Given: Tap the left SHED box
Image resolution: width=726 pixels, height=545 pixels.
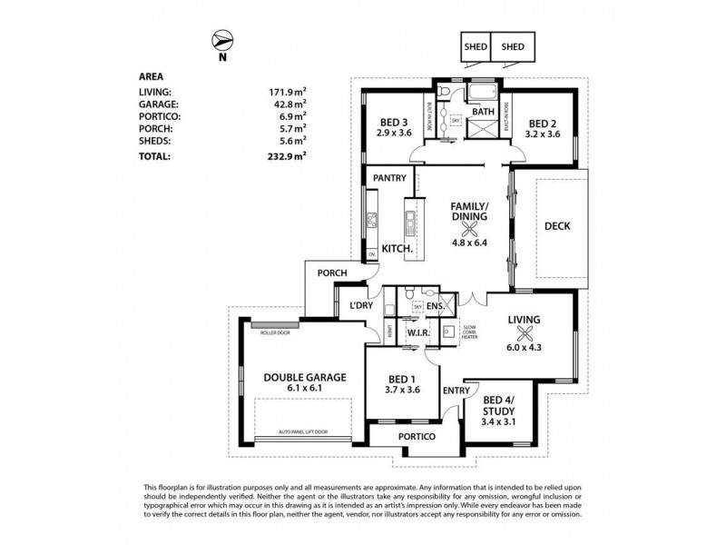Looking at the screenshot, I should pyautogui.click(x=475, y=46).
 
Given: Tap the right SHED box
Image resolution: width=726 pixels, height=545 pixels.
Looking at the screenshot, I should pyautogui.click(x=513, y=46).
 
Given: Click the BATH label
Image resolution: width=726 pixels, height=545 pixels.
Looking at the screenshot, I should pyautogui.click(x=483, y=113).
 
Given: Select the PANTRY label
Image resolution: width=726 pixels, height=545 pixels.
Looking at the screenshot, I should pyautogui.click(x=388, y=178).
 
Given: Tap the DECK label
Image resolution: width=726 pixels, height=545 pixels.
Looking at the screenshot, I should pyautogui.click(x=557, y=227).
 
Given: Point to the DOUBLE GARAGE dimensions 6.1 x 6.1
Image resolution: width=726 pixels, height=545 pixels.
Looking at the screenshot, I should pyautogui.click(x=293, y=388).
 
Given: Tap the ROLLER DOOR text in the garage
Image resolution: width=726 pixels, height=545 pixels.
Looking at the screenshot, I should pyautogui.click(x=270, y=333).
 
